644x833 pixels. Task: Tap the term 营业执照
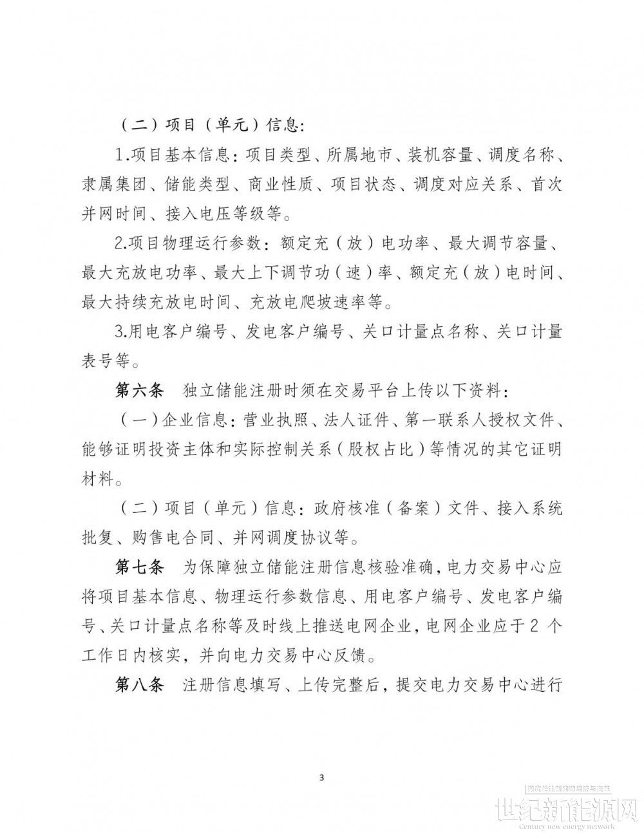pos(276,420)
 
